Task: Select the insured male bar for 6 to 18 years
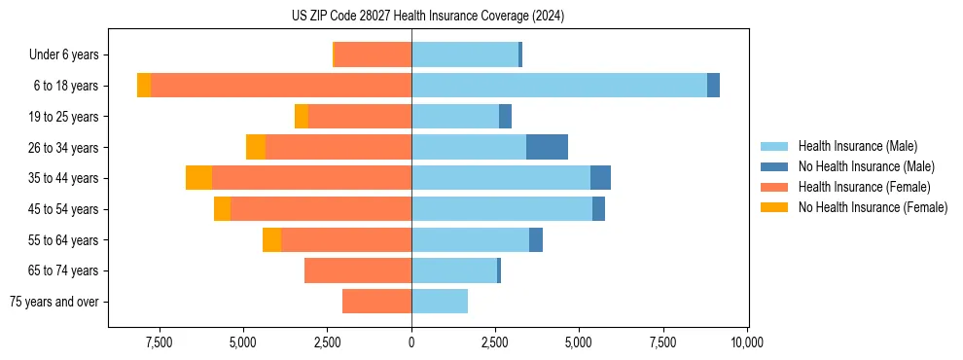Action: [559, 86]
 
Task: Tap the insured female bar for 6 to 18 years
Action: [281, 86]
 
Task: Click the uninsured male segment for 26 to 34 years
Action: [547, 147]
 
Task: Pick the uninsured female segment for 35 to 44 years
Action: [198, 178]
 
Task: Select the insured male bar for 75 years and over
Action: [440, 302]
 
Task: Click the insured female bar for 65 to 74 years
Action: [358, 270]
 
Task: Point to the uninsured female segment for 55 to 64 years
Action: [271, 239]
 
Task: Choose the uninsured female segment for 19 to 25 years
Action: [302, 117]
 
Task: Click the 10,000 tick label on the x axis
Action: [747, 342]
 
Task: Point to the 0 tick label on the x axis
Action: [411, 342]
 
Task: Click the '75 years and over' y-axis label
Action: [53, 302]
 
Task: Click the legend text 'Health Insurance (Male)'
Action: [857, 146]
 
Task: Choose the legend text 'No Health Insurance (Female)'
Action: [873, 207]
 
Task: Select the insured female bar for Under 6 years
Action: [373, 55]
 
